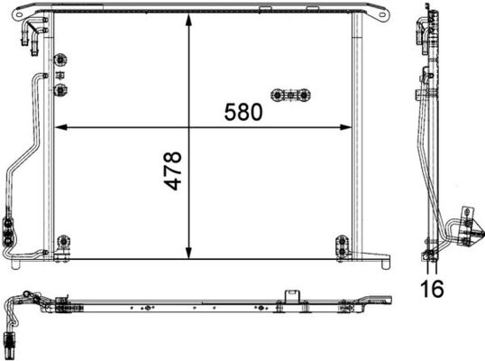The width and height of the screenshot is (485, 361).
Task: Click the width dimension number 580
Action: [243, 112]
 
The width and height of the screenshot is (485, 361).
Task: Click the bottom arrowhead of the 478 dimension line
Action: [188, 252]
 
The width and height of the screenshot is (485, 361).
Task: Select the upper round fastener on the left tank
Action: [60, 61]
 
